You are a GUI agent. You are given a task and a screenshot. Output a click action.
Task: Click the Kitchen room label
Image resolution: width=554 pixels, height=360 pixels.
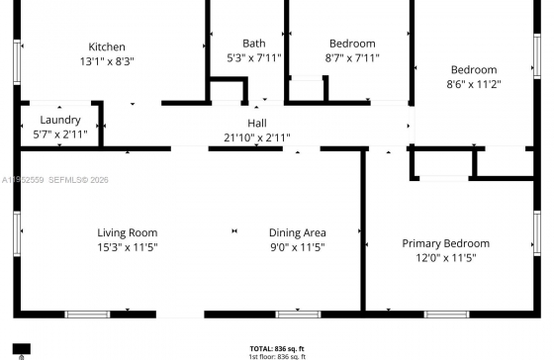(x=107, y=46)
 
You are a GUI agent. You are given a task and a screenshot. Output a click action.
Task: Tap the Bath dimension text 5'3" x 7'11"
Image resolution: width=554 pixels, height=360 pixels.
(x=254, y=57)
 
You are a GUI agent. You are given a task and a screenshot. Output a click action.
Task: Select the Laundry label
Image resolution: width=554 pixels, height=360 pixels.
(x=60, y=120)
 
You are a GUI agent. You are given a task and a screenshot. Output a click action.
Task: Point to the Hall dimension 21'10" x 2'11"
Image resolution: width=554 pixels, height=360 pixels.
(x=257, y=137)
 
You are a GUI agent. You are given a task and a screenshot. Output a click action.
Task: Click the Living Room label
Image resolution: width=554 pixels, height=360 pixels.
(x=128, y=232)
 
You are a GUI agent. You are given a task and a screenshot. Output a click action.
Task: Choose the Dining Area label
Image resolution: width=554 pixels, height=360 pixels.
(x=297, y=232)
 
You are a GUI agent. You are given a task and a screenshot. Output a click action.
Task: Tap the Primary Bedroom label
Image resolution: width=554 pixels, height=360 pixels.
(x=446, y=243)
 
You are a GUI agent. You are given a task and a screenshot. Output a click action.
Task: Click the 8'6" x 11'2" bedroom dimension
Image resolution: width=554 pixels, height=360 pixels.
(x=474, y=84)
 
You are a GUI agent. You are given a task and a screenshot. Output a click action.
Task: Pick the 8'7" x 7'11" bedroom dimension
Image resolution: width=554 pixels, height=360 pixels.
(x=352, y=57)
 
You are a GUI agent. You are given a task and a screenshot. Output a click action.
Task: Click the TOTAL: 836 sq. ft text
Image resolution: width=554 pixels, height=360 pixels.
(x=277, y=349)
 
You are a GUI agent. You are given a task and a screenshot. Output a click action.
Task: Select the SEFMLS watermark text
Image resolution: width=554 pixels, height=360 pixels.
(x=78, y=180)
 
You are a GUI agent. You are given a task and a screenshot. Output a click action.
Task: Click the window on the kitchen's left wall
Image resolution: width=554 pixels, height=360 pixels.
(x=17, y=62)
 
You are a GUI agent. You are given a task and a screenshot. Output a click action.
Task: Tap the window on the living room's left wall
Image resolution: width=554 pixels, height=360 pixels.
(x=17, y=233)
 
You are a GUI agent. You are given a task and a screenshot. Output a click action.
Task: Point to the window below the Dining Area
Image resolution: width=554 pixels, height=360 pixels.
(x=298, y=315)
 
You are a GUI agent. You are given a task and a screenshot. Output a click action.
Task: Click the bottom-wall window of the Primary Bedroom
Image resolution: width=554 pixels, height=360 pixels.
(x=446, y=315)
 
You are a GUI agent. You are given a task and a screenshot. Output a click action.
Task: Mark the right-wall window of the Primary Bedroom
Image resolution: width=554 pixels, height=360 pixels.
(x=537, y=233)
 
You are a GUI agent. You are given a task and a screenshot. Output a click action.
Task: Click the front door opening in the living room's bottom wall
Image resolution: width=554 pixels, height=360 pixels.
(x=180, y=315)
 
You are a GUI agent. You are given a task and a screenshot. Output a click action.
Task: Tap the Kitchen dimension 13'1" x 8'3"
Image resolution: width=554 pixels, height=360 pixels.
(x=107, y=61)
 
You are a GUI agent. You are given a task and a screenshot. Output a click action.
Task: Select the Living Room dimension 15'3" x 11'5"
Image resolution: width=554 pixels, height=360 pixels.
(x=128, y=247)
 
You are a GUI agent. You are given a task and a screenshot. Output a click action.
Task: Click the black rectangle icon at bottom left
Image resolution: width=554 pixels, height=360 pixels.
(x=22, y=349)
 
